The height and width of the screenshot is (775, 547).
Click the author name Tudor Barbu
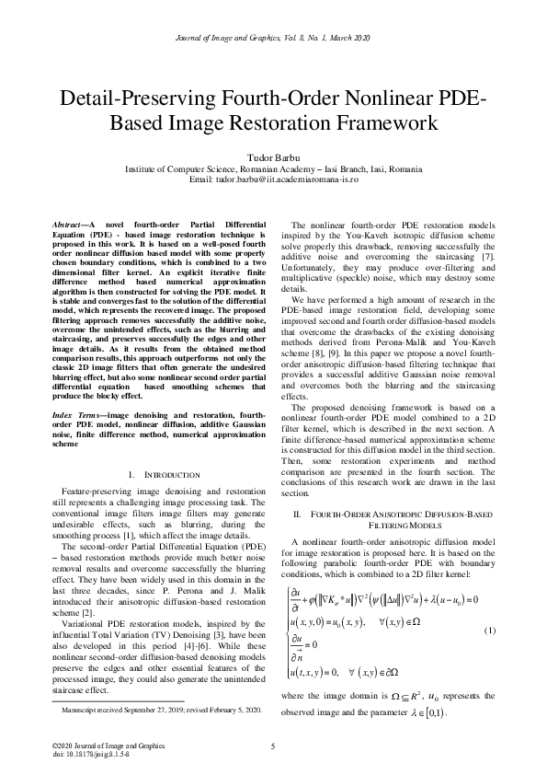tap(273, 160)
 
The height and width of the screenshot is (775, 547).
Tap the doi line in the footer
tap(90, 753)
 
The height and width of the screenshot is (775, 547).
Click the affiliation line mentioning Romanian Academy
tap(273, 170)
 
